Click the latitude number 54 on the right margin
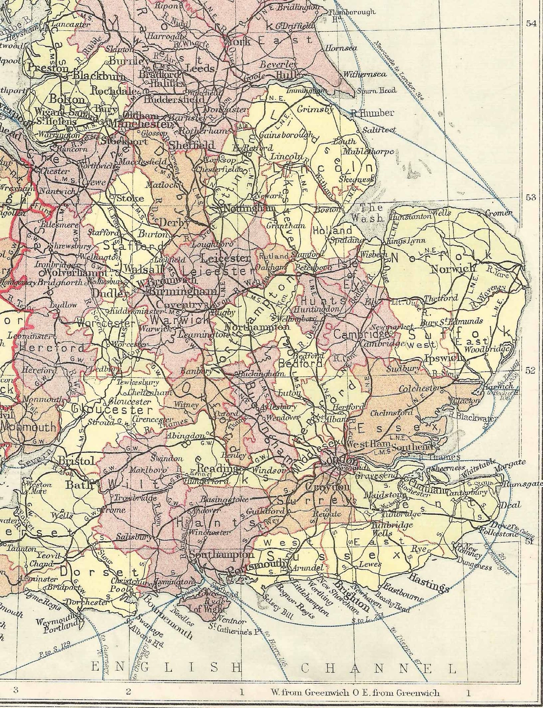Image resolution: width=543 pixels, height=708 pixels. [531, 24]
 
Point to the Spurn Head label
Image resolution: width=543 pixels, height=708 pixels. [377, 91]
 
